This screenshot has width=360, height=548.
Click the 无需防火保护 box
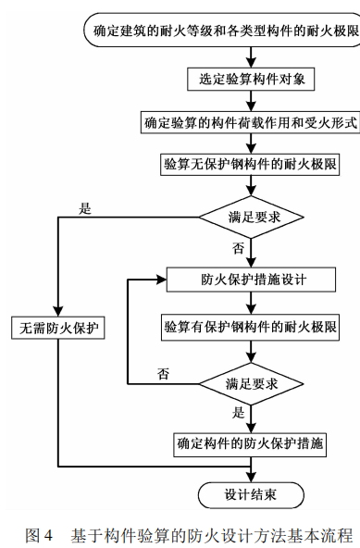tap(58, 328)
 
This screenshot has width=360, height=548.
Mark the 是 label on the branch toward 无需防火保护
tap(85, 208)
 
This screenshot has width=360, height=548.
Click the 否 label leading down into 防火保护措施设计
tap(239, 249)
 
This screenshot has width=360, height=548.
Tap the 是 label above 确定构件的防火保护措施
tap(239, 413)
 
